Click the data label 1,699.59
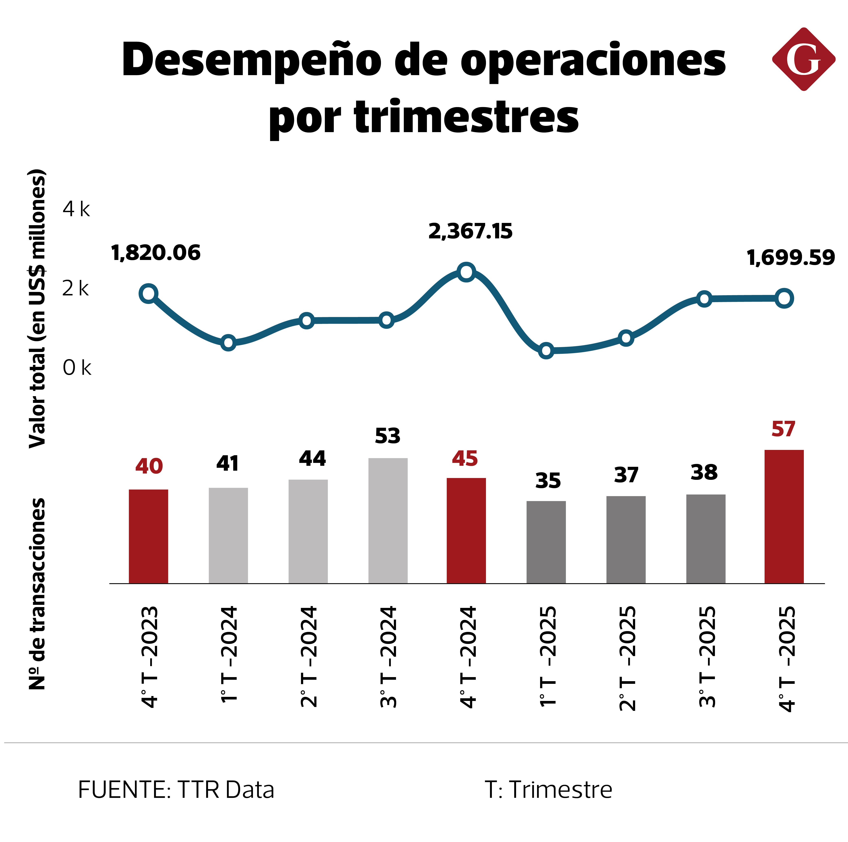tap(790, 258)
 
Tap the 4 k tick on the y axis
tap(76, 209)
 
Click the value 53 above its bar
tap(387, 436)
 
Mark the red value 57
tap(783, 429)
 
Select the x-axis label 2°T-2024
tap(309, 656)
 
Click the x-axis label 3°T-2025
tap(707, 656)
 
